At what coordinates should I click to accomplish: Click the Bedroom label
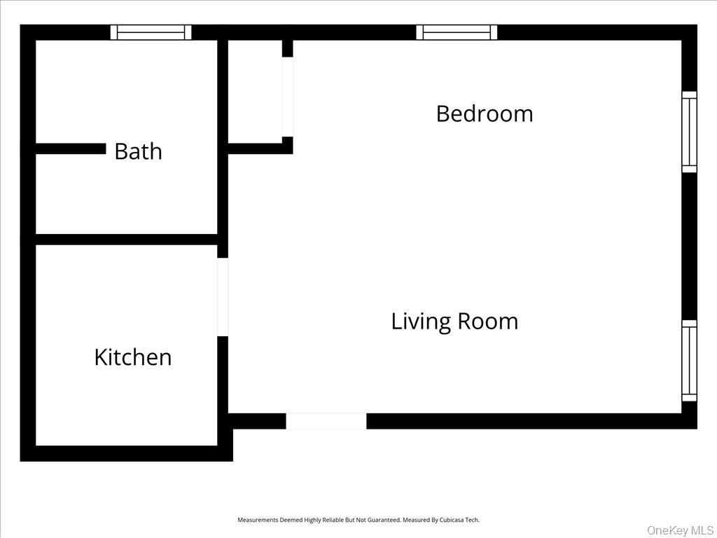click(484, 113)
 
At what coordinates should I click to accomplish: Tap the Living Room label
click(454, 322)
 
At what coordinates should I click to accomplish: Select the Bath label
click(138, 151)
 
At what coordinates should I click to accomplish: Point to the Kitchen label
click(133, 357)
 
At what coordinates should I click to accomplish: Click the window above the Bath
click(151, 32)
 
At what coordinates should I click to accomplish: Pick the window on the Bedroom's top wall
click(457, 32)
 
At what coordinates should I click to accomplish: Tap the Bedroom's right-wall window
click(689, 132)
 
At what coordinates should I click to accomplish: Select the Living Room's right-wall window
click(689, 361)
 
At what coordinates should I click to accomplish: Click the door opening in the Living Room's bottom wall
click(326, 421)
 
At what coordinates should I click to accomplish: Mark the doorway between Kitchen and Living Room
click(223, 297)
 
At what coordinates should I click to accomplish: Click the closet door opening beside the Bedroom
click(287, 97)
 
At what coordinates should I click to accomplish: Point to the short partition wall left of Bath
click(70, 149)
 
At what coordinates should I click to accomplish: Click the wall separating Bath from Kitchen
click(126, 240)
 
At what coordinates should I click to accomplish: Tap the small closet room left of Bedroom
click(255, 91)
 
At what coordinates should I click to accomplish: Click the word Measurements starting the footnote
click(259, 520)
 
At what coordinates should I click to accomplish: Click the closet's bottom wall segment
click(259, 149)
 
